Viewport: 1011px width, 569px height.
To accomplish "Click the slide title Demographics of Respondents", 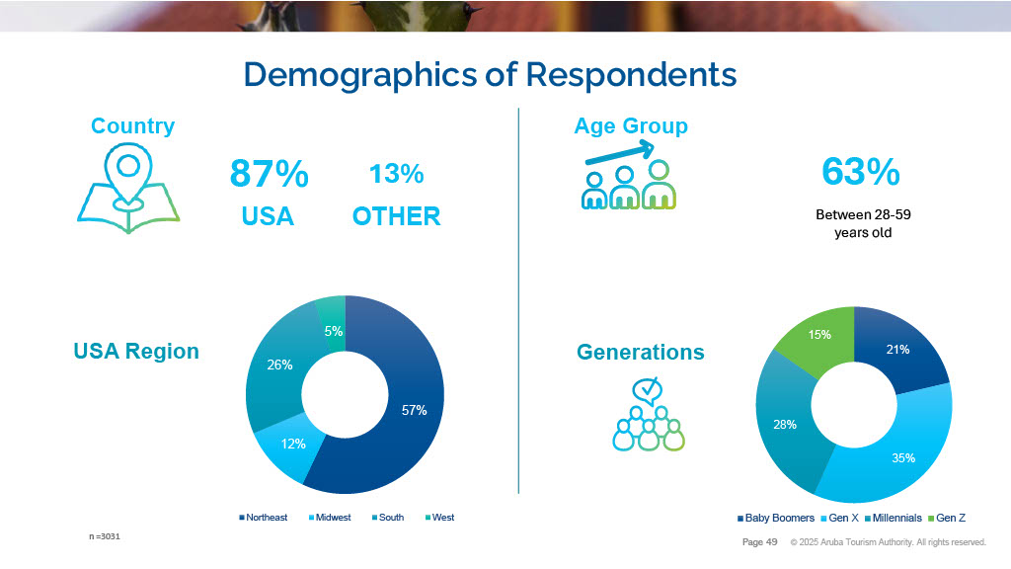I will pos(490,75).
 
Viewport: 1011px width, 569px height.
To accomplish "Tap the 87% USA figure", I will pos(269,174).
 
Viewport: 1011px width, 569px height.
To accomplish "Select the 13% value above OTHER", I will pos(396,174).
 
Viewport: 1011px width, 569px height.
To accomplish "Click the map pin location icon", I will pos(127,189).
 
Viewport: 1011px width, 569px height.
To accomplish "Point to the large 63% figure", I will pos(860,172).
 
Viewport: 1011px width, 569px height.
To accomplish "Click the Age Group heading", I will pos(631,126).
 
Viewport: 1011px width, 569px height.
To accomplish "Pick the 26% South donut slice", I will pos(278,365).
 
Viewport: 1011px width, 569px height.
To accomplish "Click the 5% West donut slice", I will pos(333,331).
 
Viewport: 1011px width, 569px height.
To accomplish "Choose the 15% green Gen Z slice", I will pos(819,336).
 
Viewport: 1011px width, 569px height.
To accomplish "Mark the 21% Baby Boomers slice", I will pos(898,349).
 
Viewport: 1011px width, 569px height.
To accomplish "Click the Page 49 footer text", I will pos(759,542).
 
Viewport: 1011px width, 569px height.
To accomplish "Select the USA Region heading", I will pos(136,352).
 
